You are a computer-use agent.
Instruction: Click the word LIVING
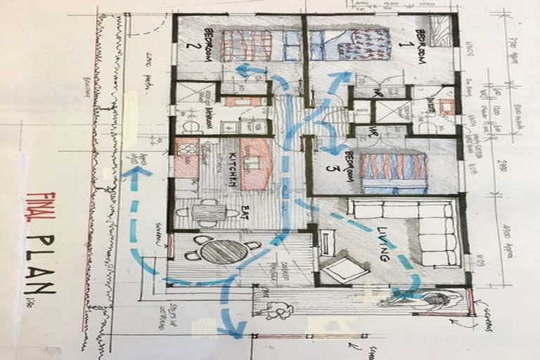pos(383,244)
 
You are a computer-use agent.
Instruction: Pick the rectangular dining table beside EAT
pos(207,212)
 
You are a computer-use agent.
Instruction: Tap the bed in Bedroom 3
pos(394,173)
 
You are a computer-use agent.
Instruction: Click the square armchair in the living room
pos(344,270)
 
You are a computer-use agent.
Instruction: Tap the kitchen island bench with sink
pos(255,163)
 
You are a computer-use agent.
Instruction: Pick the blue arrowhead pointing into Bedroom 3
pos(331,150)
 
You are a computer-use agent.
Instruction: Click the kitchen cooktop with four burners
pos(186,157)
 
